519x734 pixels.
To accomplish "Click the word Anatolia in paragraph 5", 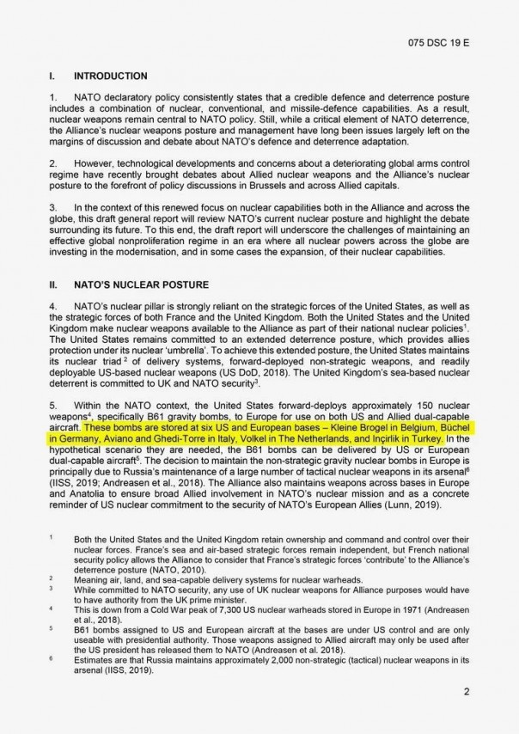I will (77, 494).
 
